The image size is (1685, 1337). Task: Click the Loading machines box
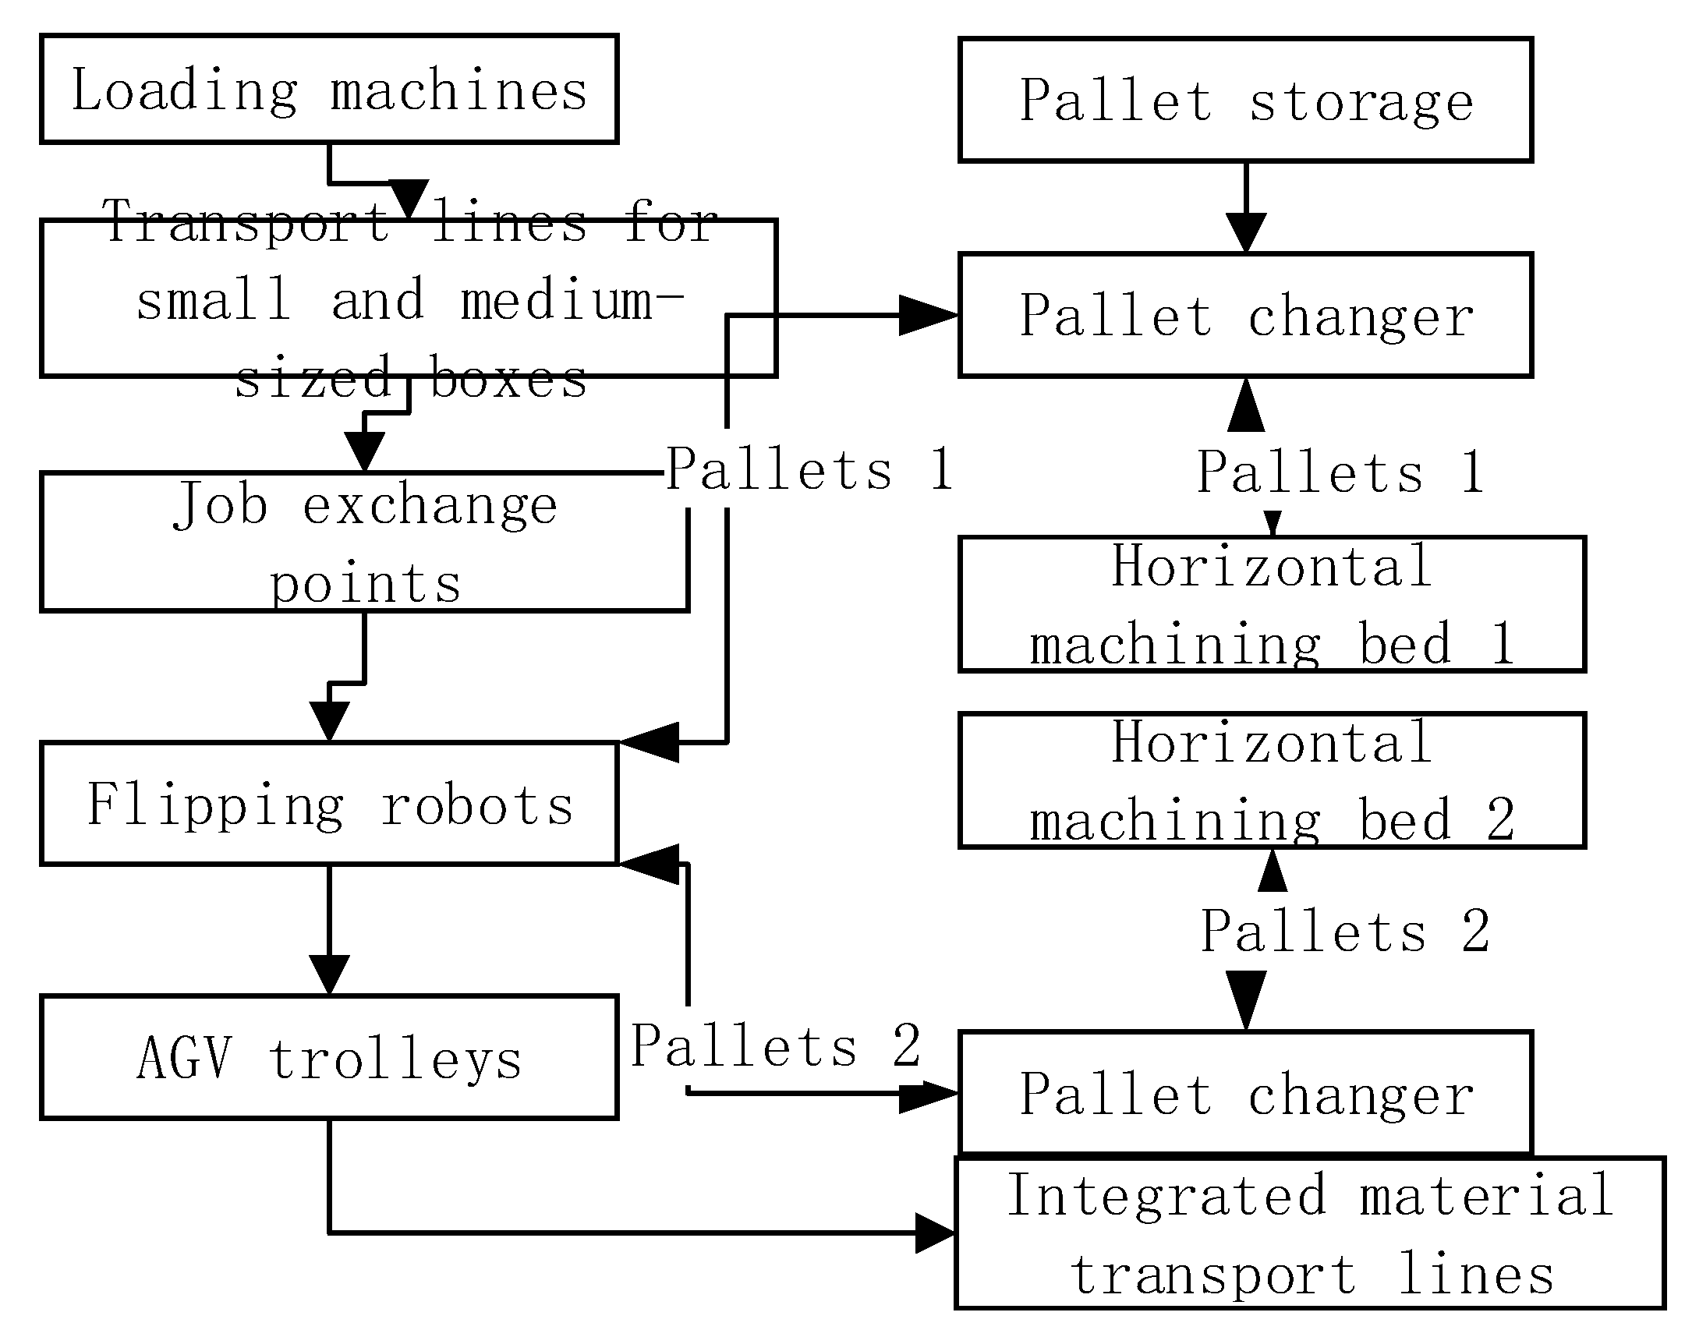(x=329, y=89)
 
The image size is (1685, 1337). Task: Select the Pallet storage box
(x=1245, y=100)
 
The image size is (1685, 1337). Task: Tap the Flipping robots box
(x=329, y=804)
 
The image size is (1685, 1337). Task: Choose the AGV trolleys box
(x=329, y=1057)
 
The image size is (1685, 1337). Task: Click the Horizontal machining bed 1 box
(x=1272, y=604)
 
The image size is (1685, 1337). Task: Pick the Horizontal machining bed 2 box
(x=1272, y=780)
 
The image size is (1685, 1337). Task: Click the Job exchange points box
(x=364, y=543)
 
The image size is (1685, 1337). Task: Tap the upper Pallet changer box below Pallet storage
(x=1245, y=316)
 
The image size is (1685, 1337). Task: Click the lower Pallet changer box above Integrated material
(x=1245, y=1092)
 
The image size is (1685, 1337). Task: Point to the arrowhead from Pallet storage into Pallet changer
(x=1245, y=232)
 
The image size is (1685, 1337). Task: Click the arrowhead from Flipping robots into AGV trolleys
(x=329, y=974)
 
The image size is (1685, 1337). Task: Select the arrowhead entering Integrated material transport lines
(x=935, y=1234)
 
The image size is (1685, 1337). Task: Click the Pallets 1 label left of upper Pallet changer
(x=808, y=469)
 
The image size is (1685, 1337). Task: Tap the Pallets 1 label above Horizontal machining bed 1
(x=1340, y=472)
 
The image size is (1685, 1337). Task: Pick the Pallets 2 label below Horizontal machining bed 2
(x=1344, y=932)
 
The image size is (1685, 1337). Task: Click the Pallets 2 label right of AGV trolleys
(x=775, y=1045)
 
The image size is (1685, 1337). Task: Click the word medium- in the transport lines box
(x=572, y=300)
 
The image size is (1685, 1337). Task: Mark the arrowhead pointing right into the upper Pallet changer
(x=928, y=316)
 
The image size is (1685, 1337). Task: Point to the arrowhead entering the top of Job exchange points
(x=364, y=451)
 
